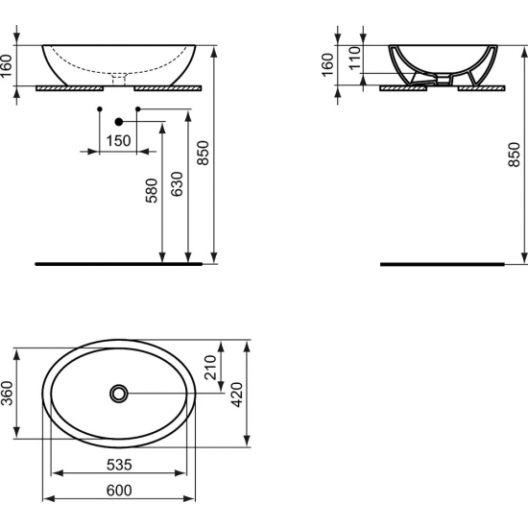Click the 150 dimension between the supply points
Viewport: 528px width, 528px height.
[119, 141]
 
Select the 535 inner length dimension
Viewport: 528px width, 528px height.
[118, 464]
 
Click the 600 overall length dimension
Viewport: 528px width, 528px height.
[118, 490]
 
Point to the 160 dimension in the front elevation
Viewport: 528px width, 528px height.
[9, 65]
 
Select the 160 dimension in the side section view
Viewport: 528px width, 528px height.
[327, 65]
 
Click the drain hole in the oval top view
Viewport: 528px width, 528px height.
[119, 393]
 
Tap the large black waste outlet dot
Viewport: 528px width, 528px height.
[119, 122]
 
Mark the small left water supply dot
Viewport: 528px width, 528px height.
[100, 109]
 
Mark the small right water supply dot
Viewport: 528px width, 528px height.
[138, 109]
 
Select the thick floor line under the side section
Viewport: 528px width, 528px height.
[442, 263]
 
